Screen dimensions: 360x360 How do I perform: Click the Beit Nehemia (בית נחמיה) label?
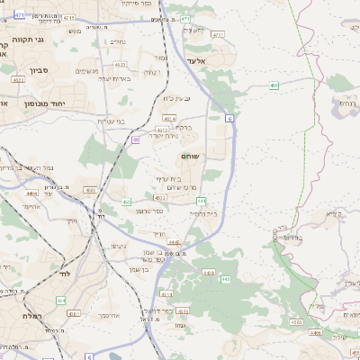[206, 214]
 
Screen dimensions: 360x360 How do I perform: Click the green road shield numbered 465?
[274, 85]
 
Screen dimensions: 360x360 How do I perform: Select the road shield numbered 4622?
[18, 79]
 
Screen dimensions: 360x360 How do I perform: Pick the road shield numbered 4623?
[120, 65]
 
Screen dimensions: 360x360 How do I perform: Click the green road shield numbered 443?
[225, 280]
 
